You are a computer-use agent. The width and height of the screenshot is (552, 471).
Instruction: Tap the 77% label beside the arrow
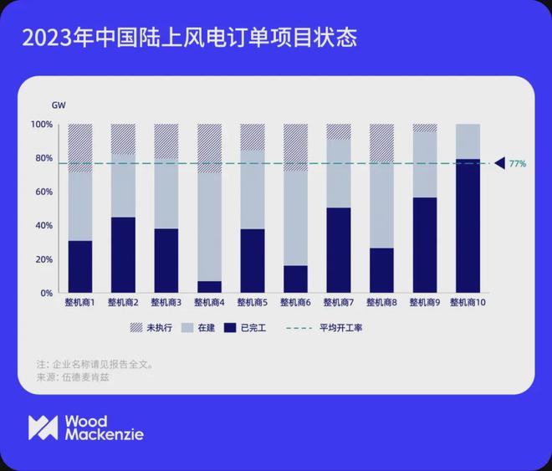click(518, 164)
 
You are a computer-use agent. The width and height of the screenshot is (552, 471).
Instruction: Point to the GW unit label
click(59, 105)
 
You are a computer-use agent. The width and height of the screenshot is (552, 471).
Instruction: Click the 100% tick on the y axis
click(42, 125)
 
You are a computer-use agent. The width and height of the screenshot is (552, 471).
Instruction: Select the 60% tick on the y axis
click(43, 192)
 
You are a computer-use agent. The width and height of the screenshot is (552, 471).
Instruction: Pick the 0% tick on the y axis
click(46, 294)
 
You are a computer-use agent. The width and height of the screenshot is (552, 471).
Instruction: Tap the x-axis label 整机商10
click(468, 303)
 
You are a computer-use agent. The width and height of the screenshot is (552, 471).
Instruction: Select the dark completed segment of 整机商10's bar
click(468, 226)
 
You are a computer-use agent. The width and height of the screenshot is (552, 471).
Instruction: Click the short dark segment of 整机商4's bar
click(209, 287)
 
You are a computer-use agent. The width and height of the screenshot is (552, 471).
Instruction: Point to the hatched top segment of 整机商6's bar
click(295, 147)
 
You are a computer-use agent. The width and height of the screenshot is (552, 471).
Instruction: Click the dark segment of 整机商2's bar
click(123, 255)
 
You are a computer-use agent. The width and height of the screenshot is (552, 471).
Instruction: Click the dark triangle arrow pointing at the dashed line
click(499, 163)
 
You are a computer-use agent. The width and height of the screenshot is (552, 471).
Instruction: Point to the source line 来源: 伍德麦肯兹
click(73, 377)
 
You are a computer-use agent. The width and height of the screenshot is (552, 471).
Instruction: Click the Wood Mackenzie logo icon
click(43, 427)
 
